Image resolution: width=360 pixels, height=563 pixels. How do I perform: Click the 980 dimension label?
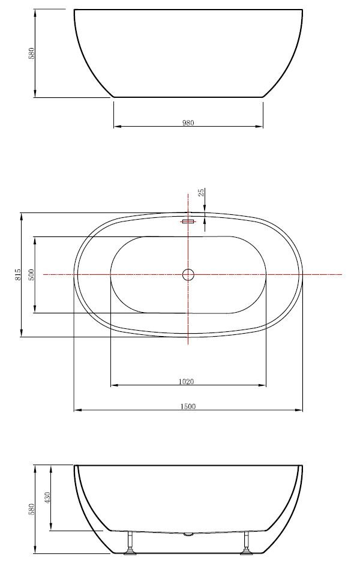(x=188, y=122)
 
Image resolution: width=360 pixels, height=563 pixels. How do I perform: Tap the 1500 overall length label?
(x=188, y=406)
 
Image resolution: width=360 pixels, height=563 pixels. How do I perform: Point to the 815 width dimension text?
(x=19, y=275)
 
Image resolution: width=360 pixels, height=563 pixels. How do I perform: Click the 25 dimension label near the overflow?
(x=202, y=193)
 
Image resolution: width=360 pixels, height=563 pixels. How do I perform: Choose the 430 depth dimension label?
(x=47, y=498)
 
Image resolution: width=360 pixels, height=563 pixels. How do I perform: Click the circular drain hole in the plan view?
(x=188, y=274)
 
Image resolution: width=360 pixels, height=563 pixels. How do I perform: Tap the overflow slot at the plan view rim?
(x=188, y=222)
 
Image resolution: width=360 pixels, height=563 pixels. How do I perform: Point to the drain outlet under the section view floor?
(x=188, y=533)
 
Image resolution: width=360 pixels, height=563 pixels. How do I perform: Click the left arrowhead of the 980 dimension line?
(x=116, y=127)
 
